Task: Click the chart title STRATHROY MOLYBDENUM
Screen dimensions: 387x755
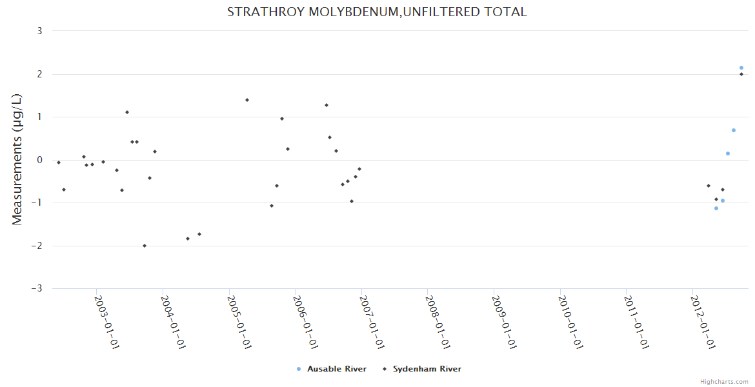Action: [377, 12]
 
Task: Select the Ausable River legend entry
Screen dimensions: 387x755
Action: [332, 369]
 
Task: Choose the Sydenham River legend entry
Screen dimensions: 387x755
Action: [422, 369]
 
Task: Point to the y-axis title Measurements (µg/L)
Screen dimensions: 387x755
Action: [17, 159]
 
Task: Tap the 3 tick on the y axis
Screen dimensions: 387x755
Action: [39, 31]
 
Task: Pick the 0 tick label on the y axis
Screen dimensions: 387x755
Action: [39, 160]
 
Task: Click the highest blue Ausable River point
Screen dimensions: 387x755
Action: [741, 68]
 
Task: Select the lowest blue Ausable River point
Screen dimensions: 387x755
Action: [716, 208]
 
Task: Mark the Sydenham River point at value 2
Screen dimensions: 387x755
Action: [741, 74]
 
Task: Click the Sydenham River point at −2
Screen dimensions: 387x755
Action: [145, 246]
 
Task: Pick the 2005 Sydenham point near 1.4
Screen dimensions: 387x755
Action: [247, 100]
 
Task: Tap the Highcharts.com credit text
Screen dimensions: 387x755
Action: [724, 382]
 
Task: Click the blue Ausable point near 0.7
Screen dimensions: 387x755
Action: [734, 130]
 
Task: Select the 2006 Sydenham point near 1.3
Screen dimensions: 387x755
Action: [327, 105]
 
